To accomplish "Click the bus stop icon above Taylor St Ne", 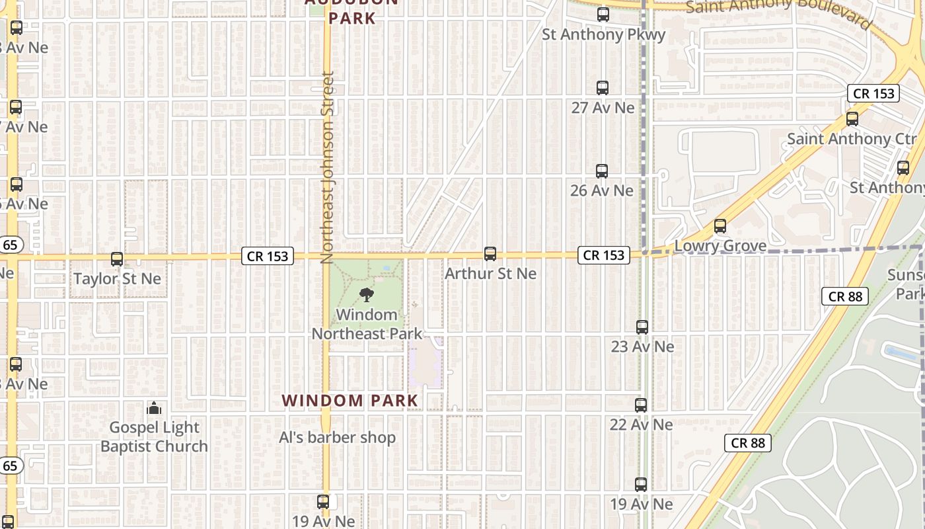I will [x=117, y=259].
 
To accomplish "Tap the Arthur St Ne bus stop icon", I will [x=490, y=253].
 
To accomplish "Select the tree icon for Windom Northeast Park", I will [x=366, y=295].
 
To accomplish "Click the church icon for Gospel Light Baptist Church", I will [x=154, y=408].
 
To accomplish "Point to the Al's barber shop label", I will [x=337, y=438].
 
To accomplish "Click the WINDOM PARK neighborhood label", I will [x=350, y=401].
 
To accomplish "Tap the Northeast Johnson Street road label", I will [x=327, y=168].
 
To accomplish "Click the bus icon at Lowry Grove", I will [x=720, y=226].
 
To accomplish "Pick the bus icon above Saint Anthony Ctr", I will [x=852, y=119].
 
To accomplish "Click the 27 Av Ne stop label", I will [x=603, y=108].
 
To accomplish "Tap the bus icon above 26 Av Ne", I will [x=602, y=171].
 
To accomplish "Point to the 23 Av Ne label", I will [x=642, y=346].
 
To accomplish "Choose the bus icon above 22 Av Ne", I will [x=641, y=405].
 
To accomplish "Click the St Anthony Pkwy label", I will [x=603, y=34].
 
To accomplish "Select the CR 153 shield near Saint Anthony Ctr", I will [x=873, y=93].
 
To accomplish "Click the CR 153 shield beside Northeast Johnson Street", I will [x=268, y=256].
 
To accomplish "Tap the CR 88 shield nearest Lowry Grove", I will [x=845, y=296].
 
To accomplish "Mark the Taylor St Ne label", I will [x=117, y=279].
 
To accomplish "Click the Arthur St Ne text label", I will [x=490, y=273].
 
